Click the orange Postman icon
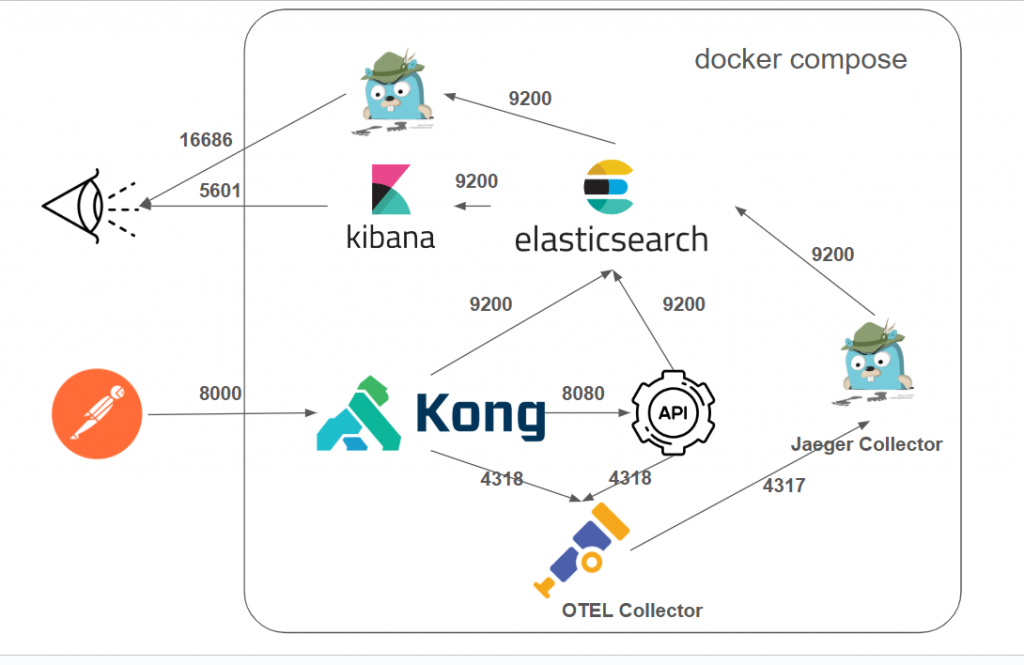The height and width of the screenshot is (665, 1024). (x=96, y=414)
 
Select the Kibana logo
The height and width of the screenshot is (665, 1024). (x=391, y=190)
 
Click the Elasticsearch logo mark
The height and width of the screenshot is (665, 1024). (x=608, y=187)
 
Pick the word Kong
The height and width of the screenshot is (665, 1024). (x=481, y=414)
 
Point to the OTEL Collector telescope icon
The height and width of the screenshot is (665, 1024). (x=585, y=550)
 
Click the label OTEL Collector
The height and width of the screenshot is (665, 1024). (x=632, y=610)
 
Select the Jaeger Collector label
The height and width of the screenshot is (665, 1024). (x=866, y=444)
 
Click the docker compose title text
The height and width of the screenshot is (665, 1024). (x=800, y=59)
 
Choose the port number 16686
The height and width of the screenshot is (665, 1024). (x=206, y=140)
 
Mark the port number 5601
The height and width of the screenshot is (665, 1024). (x=220, y=190)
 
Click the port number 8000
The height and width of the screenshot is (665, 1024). (x=220, y=394)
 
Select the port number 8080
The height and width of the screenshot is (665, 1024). (x=583, y=394)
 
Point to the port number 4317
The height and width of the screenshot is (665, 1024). (x=784, y=486)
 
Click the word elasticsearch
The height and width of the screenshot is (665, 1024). (x=611, y=240)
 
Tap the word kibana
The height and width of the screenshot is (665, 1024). (x=390, y=237)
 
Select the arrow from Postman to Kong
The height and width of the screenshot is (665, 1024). (x=230, y=413)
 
